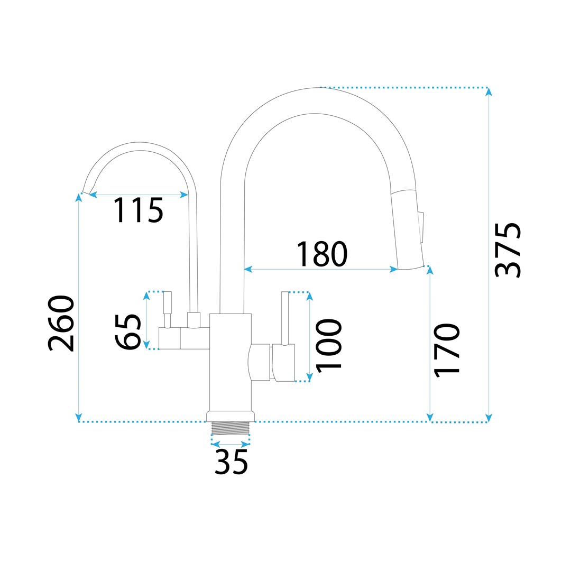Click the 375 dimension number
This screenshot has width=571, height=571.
click(508, 250)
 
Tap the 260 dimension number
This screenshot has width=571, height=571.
click(61, 324)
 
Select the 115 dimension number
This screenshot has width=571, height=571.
click(139, 210)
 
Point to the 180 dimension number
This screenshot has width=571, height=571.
click(322, 254)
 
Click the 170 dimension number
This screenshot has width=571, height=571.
click(446, 350)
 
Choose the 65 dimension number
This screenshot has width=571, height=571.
click(128, 331)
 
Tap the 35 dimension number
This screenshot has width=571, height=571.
click(231, 462)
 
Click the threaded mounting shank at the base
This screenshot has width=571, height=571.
click(231, 428)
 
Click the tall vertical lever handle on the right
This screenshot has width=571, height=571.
click(285, 318)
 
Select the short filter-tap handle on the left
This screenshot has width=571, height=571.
click(167, 309)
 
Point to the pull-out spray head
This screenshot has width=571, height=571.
click(408, 229)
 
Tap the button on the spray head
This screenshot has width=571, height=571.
click(421, 227)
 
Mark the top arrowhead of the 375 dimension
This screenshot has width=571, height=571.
click(489, 91)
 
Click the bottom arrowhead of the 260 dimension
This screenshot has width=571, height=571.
click(79, 417)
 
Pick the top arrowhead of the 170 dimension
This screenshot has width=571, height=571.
click(430, 270)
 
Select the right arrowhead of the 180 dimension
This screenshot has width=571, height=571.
click(393, 269)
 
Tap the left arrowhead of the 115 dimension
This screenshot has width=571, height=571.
click(93, 195)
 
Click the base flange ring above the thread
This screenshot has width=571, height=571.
click(231, 417)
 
